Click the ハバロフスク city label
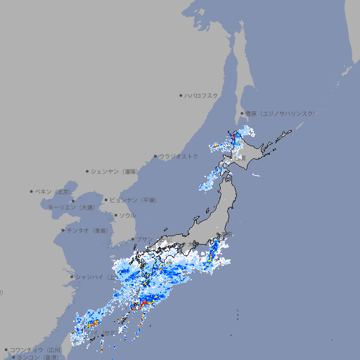tap(202, 95)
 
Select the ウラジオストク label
tap(179, 157)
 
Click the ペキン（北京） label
tap(54, 191)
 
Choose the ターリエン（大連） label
tap(71, 207)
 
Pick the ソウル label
tap(127, 215)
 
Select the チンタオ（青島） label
tap(86, 230)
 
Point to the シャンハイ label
tap(92, 277)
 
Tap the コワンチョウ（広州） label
tap(36, 349)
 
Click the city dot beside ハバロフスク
tap(181, 95)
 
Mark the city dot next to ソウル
tap(114, 215)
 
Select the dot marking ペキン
tap(32, 191)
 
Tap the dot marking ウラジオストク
tap(155, 157)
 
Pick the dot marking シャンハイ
tap(71, 277)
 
